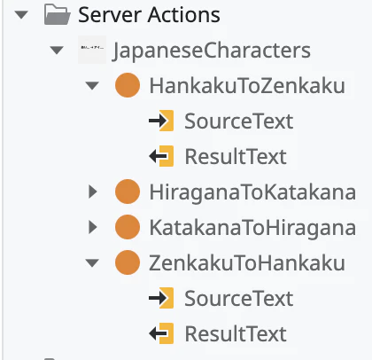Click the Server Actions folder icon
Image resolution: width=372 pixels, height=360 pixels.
pyautogui.click(x=58, y=14)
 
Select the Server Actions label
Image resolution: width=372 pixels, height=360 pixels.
pyautogui.click(x=149, y=15)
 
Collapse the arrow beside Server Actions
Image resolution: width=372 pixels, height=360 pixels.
pyautogui.click(x=21, y=15)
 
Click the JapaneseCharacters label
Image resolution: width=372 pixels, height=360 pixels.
pyautogui.click(x=212, y=51)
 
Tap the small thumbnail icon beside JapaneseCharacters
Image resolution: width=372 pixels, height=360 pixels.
pyautogui.click(x=92, y=50)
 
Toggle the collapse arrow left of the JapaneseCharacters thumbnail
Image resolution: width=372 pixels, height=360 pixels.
pyautogui.click(x=57, y=51)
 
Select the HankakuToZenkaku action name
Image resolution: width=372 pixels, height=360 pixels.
pyautogui.click(x=247, y=86)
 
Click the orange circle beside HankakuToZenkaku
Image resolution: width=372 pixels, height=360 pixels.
pyautogui.click(x=128, y=85)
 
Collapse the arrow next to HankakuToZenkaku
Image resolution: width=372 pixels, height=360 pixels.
pyautogui.click(x=92, y=86)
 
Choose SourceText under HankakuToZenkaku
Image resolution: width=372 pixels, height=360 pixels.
pyautogui.click(x=239, y=121)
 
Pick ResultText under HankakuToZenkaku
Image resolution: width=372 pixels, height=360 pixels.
pyautogui.click(x=236, y=156)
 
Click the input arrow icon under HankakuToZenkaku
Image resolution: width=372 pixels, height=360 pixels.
pyautogui.click(x=161, y=121)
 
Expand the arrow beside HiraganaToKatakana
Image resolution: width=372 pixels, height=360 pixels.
pyautogui.click(x=93, y=192)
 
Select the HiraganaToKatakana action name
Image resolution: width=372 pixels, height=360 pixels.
pyautogui.click(x=252, y=192)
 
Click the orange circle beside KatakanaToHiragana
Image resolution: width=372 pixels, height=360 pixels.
pyautogui.click(x=128, y=227)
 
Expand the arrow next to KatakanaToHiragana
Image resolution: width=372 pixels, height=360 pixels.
pyautogui.click(x=93, y=227)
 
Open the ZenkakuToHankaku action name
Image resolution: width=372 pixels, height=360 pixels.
pyautogui.click(x=247, y=262)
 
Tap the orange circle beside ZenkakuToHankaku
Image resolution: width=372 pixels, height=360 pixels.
pyautogui.click(x=128, y=262)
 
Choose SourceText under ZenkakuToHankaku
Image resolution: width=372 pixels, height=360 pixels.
pyautogui.click(x=239, y=298)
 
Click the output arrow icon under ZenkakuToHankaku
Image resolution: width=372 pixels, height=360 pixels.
pyautogui.click(x=161, y=333)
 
